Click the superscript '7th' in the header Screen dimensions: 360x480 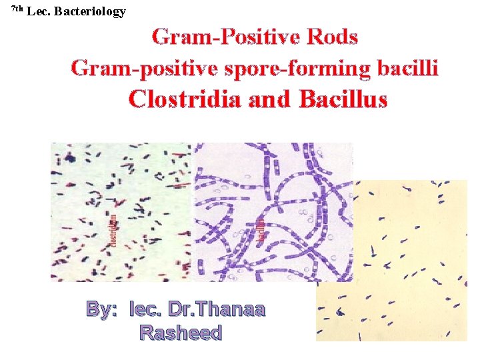(17, 9)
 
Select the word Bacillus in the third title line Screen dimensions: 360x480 (343, 99)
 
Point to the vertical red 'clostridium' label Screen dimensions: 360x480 (114, 230)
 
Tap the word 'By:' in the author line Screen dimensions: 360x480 (101, 309)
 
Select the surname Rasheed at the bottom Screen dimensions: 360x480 (181, 332)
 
